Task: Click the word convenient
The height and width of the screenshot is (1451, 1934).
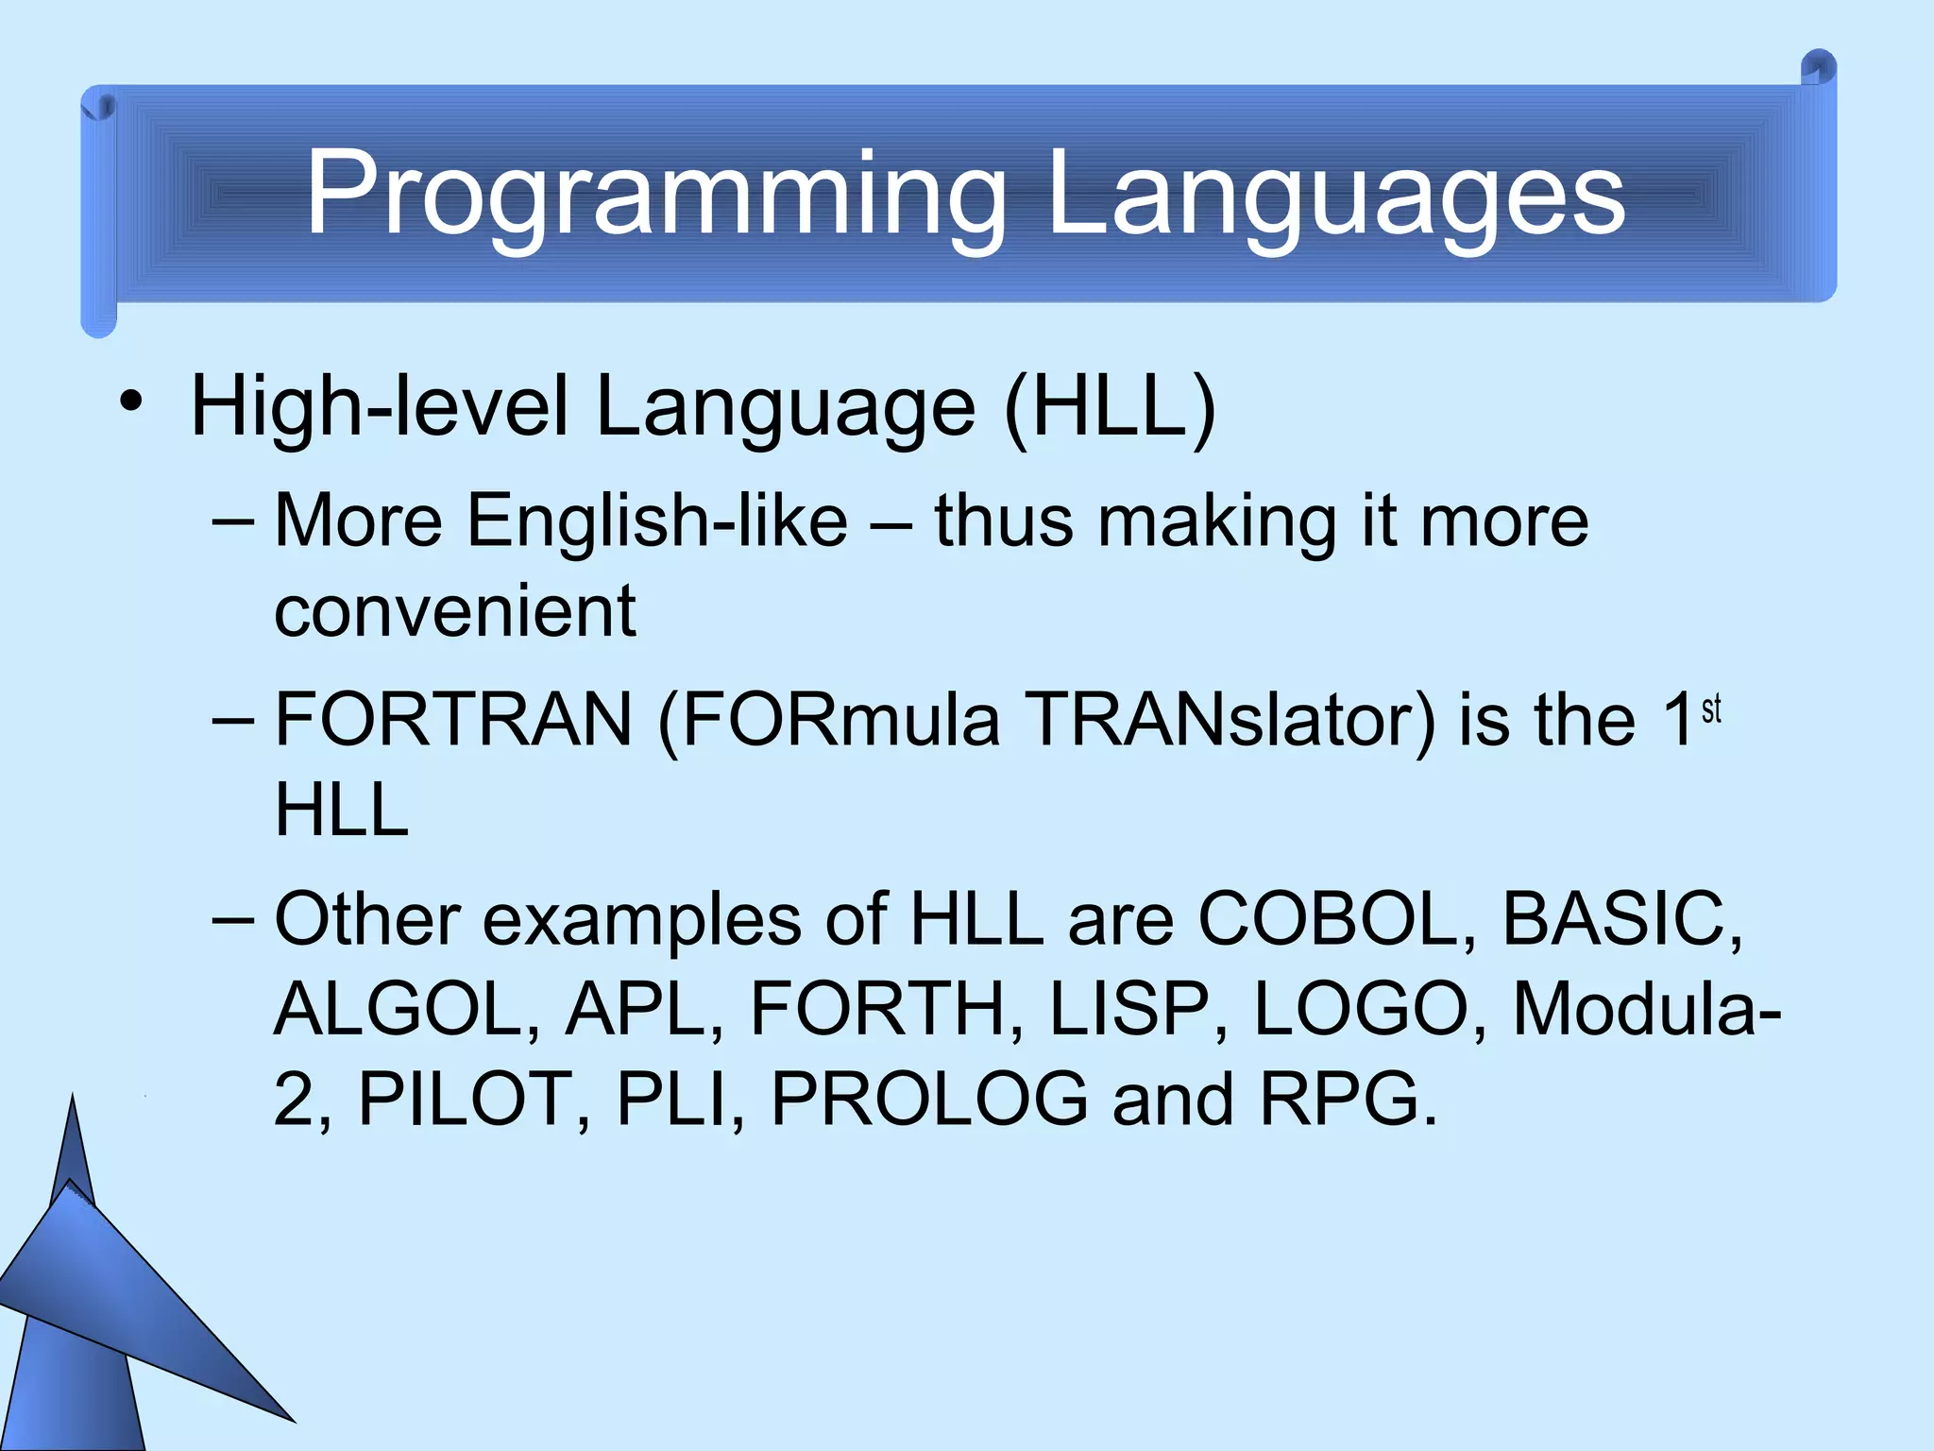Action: (x=454, y=611)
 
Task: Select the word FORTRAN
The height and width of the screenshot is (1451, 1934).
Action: (x=453, y=720)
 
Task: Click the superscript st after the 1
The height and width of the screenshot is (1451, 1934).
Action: (x=1711, y=708)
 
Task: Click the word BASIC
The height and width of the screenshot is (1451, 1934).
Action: (x=1620, y=918)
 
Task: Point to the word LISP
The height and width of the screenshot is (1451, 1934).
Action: (x=1129, y=1009)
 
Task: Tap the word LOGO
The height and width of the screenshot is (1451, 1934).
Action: (x=1360, y=1009)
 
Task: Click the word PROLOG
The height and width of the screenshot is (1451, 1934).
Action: (x=929, y=1099)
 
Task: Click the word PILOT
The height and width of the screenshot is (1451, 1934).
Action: (x=463, y=1099)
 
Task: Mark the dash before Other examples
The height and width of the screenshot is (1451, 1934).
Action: (x=233, y=918)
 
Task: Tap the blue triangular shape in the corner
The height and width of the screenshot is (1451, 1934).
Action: (x=113, y=1313)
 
